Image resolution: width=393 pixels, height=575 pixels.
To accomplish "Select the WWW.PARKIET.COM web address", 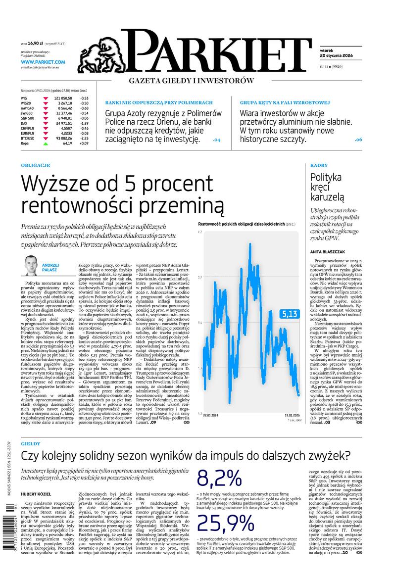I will click(43, 62).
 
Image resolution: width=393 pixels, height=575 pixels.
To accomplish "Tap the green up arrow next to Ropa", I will click(46, 144).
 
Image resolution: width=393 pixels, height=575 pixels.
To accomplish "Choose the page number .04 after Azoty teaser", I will click(216, 140).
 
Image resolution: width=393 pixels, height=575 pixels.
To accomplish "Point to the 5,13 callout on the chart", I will click(289, 313).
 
